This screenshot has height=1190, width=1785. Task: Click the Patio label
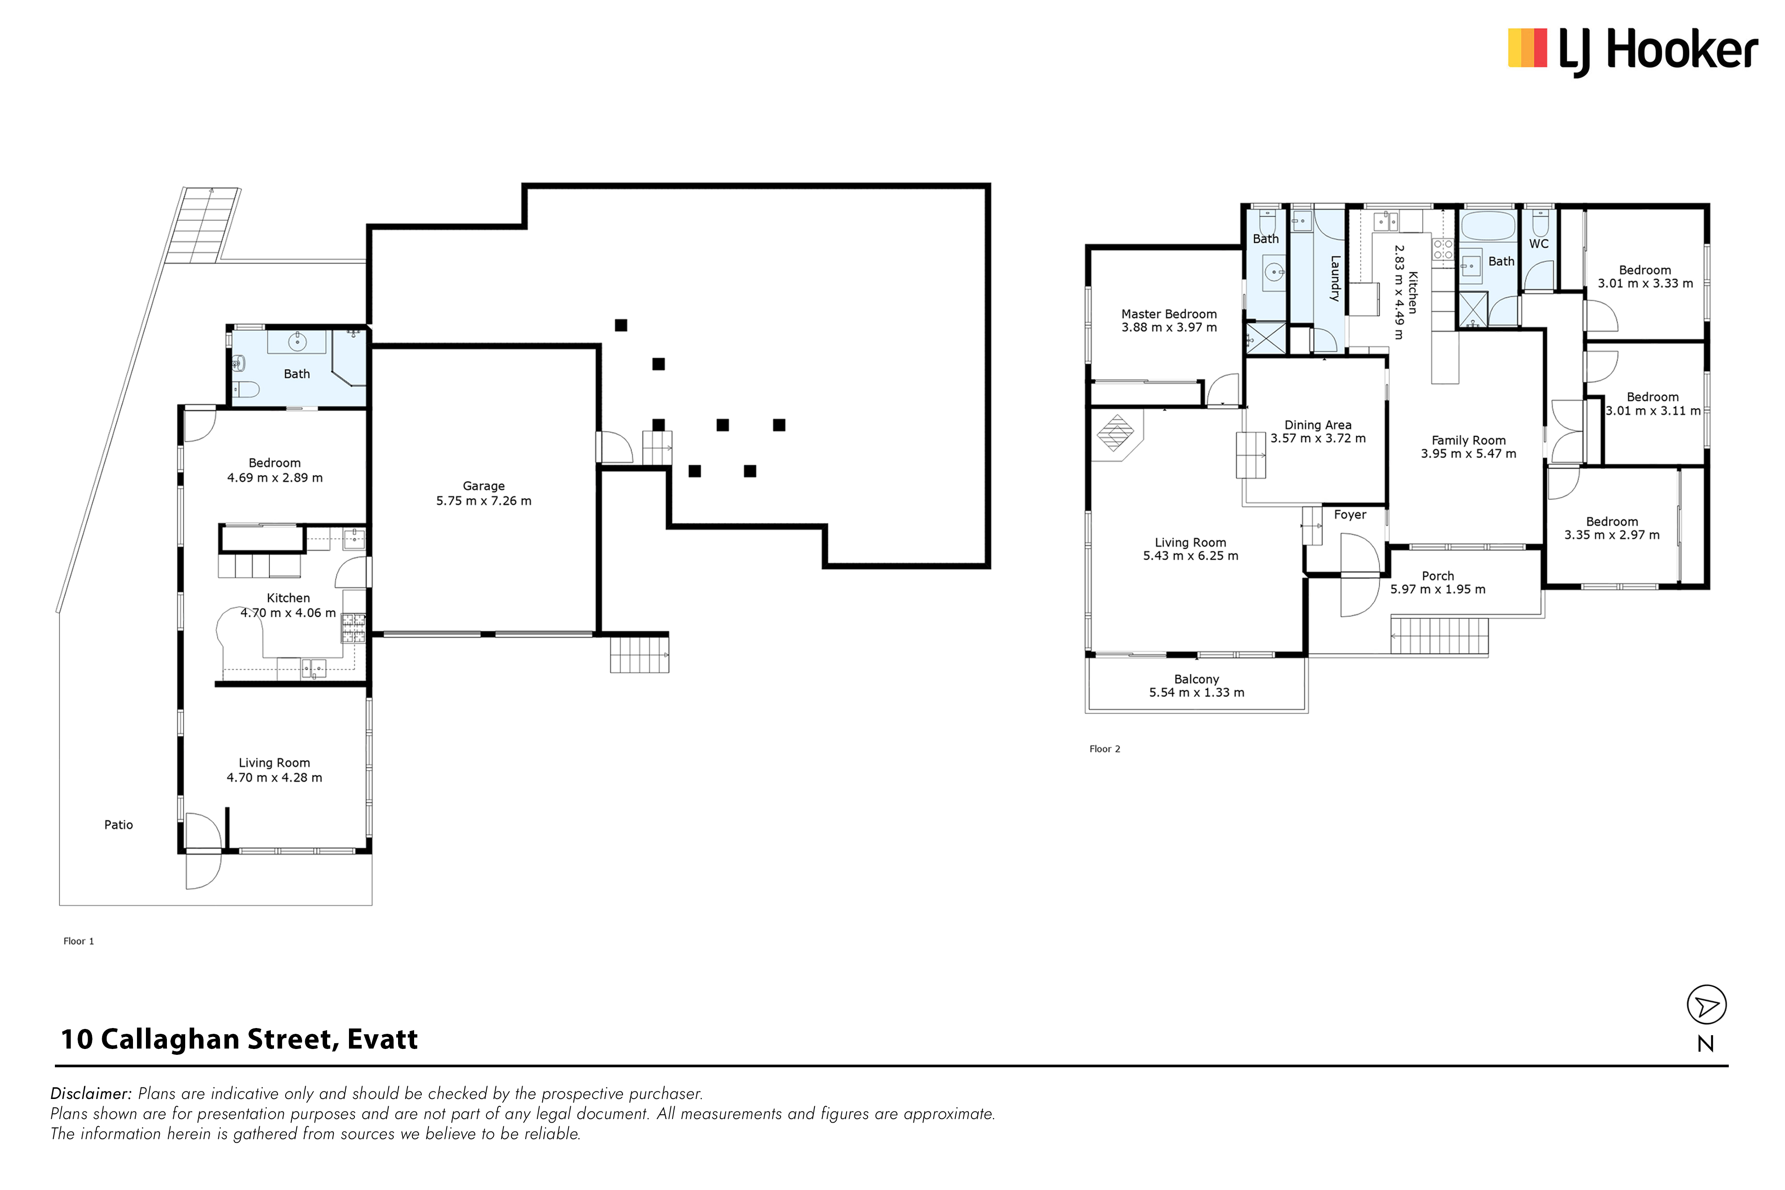point(118,825)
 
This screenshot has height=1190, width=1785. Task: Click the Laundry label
point(1335,278)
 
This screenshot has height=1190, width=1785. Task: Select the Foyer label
point(1350,514)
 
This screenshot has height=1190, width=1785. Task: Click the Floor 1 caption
point(79,941)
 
